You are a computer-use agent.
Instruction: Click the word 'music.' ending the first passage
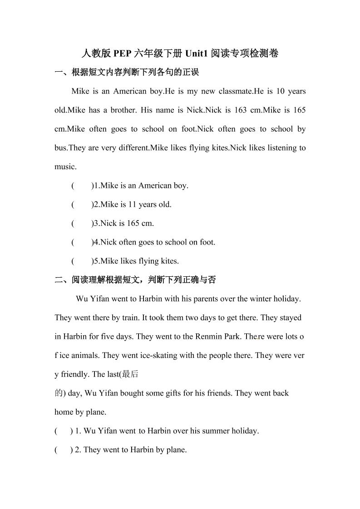pos(66,167)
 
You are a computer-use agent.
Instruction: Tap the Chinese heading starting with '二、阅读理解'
pos(135,280)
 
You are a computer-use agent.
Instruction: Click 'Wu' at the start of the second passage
pos(81,299)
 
